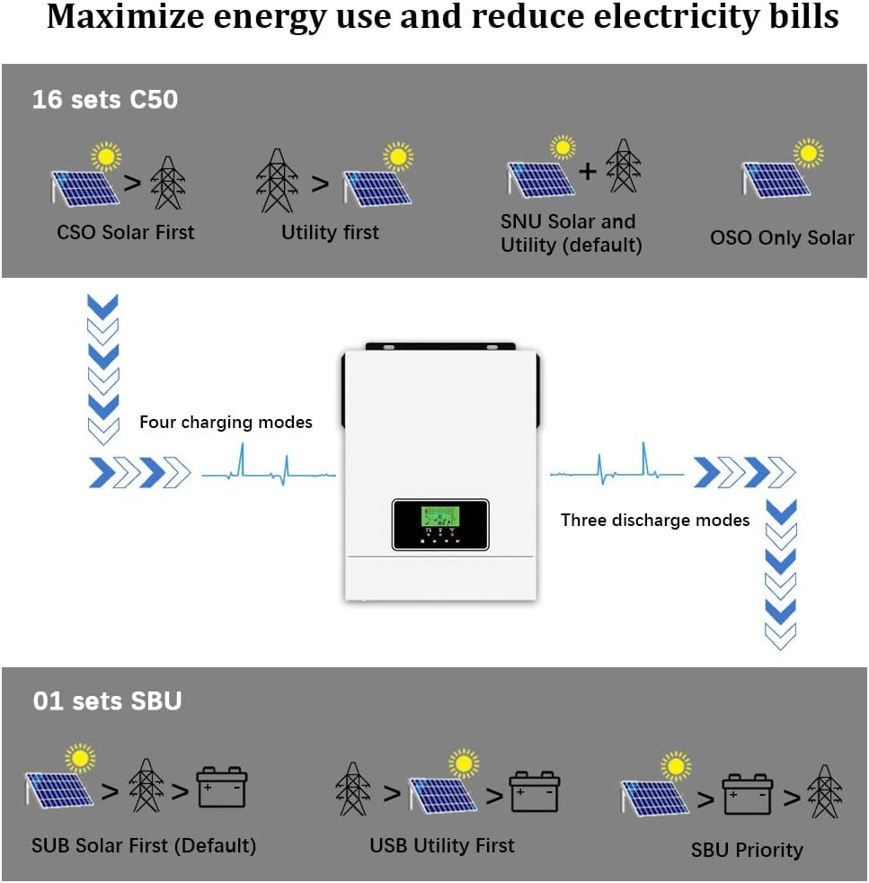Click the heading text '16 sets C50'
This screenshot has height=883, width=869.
tap(105, 100)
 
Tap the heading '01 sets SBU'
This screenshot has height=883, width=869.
tap(107, 700)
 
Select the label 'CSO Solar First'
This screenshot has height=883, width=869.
tap(126, 233)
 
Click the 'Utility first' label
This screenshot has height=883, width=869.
tap(330, 233)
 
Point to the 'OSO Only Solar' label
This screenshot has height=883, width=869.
tap(782, 238)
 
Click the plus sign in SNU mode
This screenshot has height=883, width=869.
tap(587, 170)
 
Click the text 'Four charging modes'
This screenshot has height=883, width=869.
tap(226, 423)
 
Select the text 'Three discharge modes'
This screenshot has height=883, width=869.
tap(655, 521)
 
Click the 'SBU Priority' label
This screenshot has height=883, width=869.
tap(747, 850)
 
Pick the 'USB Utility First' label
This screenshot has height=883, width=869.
tap(442, 845)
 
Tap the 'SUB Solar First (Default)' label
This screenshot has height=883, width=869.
tap(144, 846)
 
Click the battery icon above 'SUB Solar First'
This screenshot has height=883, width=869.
tap(222, 788)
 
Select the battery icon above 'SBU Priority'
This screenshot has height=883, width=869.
tap(748, 794)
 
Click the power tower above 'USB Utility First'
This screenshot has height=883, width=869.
tap(354, 788)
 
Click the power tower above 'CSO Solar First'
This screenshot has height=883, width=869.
tap(167, 183)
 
